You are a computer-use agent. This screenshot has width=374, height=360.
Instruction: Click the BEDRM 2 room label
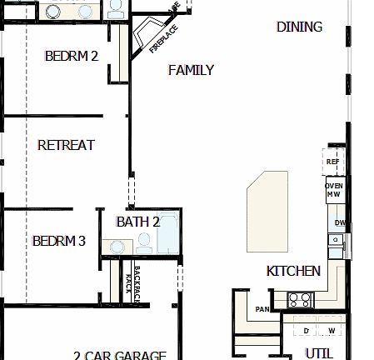coord(72,57)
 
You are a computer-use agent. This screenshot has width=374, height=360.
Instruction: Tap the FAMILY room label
coord(191,71)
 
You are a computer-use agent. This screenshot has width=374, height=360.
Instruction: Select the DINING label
coord(299,27)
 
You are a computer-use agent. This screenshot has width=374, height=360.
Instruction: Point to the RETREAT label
coord(67,145)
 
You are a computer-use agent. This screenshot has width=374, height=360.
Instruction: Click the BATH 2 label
coord(138,222)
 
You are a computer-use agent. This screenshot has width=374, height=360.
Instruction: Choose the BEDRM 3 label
coord(59,242)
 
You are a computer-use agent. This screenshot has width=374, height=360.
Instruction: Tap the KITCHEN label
coord(293,271)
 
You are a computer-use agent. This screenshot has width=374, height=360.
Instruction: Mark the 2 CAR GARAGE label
coord(120,355)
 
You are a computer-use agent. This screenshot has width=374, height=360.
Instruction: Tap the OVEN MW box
coord(334,189)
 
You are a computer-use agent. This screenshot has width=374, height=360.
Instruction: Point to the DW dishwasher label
coord(339,222)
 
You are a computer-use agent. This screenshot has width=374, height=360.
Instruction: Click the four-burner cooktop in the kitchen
coord(299,301)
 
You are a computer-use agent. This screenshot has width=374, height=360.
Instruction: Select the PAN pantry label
coord(262,309)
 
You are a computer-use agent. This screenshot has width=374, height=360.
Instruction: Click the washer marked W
coord(331,331)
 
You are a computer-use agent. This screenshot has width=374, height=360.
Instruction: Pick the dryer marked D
coord(306,331)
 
